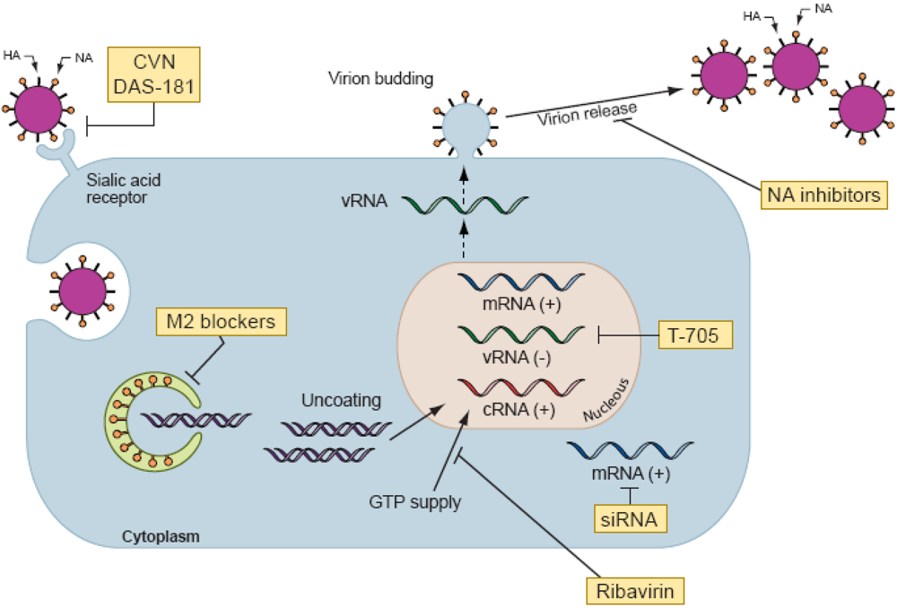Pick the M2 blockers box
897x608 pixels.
point(220,320)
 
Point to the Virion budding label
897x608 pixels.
point(381,79)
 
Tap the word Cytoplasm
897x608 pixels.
point(160,536)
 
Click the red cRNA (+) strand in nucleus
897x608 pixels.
point(508,389)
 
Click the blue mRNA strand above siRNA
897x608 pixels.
point(631,449)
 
